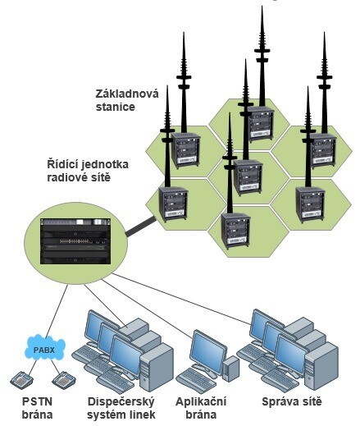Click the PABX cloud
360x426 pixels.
tap(45, 347)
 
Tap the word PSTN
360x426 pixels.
tap(37, 401)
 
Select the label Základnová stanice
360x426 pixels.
tap(127, 100)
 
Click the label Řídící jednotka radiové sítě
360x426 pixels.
tap(88, 171)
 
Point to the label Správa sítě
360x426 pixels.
tap(292, 401)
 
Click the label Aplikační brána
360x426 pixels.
tap(201, 408)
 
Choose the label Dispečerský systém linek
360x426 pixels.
tap(121, 408)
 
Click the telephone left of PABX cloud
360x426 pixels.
tap(21, 379)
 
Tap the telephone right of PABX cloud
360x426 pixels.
tap(64, 379)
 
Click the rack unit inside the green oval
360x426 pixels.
tap(75, 241)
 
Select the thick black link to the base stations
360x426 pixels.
tap(141, 227)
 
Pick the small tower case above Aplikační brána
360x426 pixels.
tap(230, 369)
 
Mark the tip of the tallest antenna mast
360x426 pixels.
tap(262, 6)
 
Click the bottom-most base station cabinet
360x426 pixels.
tap(235, 231)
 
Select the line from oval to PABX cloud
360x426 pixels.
tap(57, 309)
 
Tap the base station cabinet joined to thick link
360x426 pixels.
tap(173, 204)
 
